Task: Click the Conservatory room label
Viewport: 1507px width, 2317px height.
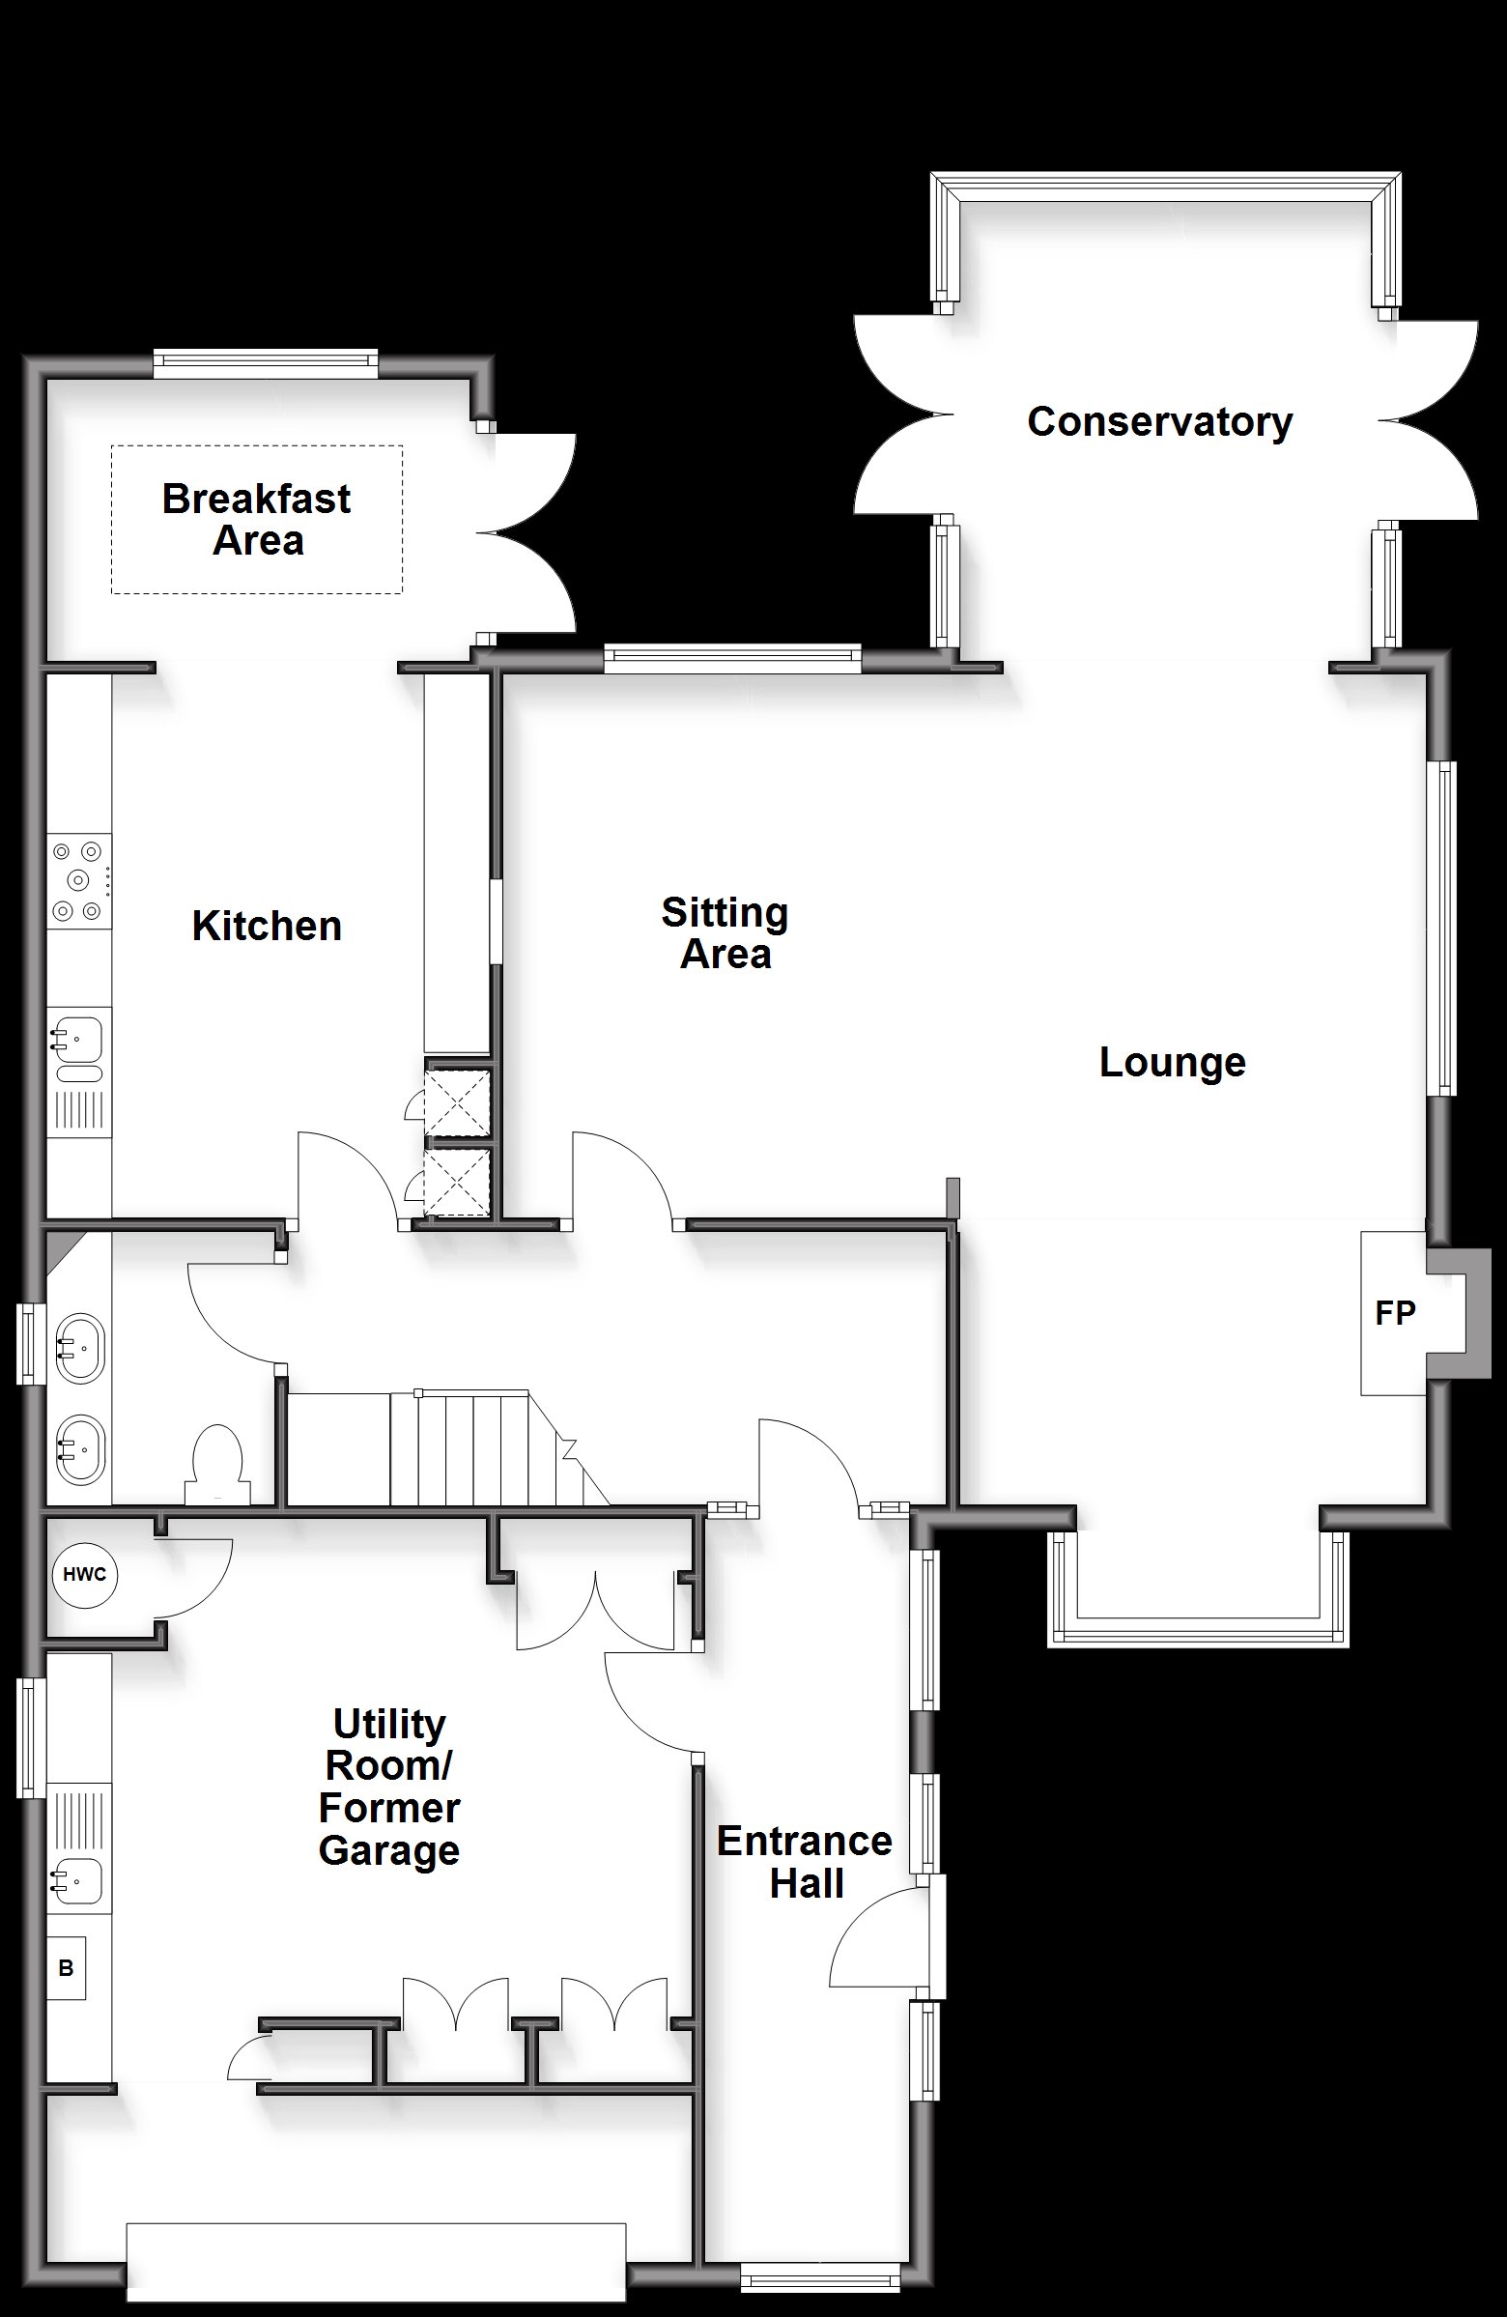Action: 1159,422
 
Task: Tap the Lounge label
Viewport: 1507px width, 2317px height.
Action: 1172,1062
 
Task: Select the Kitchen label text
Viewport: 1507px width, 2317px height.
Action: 267,926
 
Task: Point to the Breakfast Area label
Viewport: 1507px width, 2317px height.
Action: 257,520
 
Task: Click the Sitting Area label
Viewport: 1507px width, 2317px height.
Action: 725,932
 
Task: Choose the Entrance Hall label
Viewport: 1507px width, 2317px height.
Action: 805,1861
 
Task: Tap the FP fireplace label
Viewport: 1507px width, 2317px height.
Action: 1395,1313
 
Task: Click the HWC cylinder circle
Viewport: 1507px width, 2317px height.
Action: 85,1574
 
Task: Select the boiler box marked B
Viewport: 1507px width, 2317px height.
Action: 67,1967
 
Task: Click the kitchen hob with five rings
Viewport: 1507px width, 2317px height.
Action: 79,881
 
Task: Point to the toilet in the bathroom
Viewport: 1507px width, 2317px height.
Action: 217,1463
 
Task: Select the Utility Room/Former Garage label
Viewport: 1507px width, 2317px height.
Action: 389,1787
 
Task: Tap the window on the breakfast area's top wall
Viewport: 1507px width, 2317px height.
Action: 265,363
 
